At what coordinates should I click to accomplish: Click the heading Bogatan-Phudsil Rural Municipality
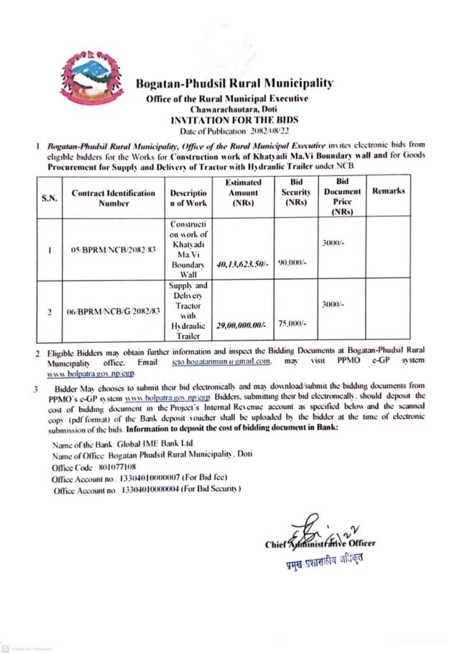coord(234,83)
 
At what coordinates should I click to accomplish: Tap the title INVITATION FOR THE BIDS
coord(234,120)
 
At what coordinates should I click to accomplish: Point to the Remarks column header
coord(389,190)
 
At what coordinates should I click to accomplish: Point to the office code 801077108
coord(122,466)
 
